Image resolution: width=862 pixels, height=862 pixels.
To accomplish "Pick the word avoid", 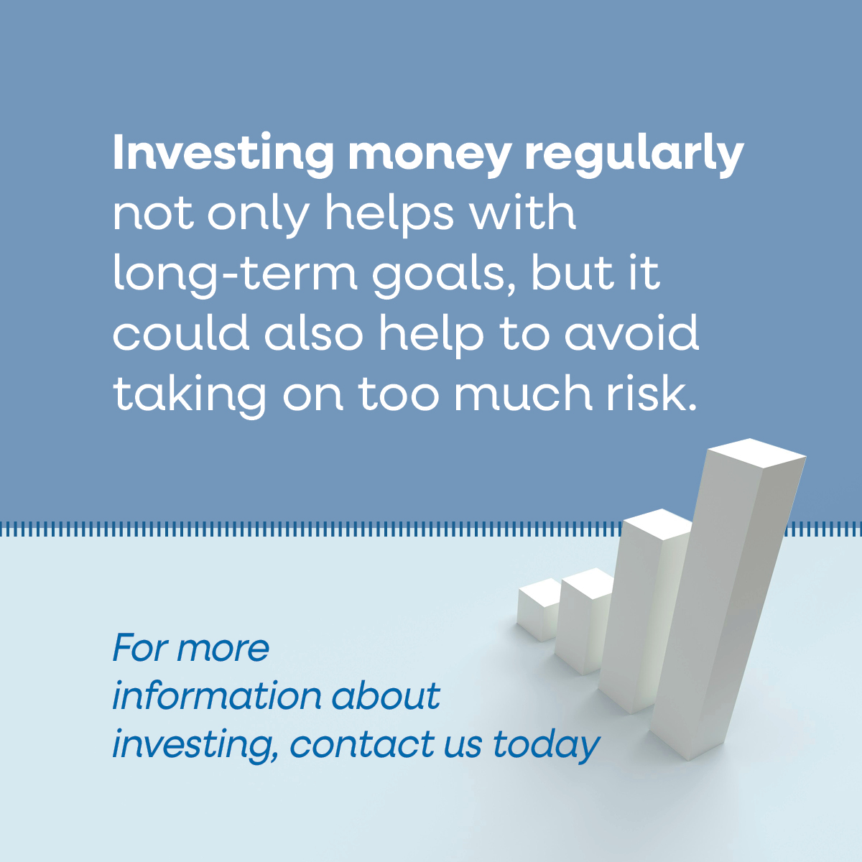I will coord(631,333).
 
